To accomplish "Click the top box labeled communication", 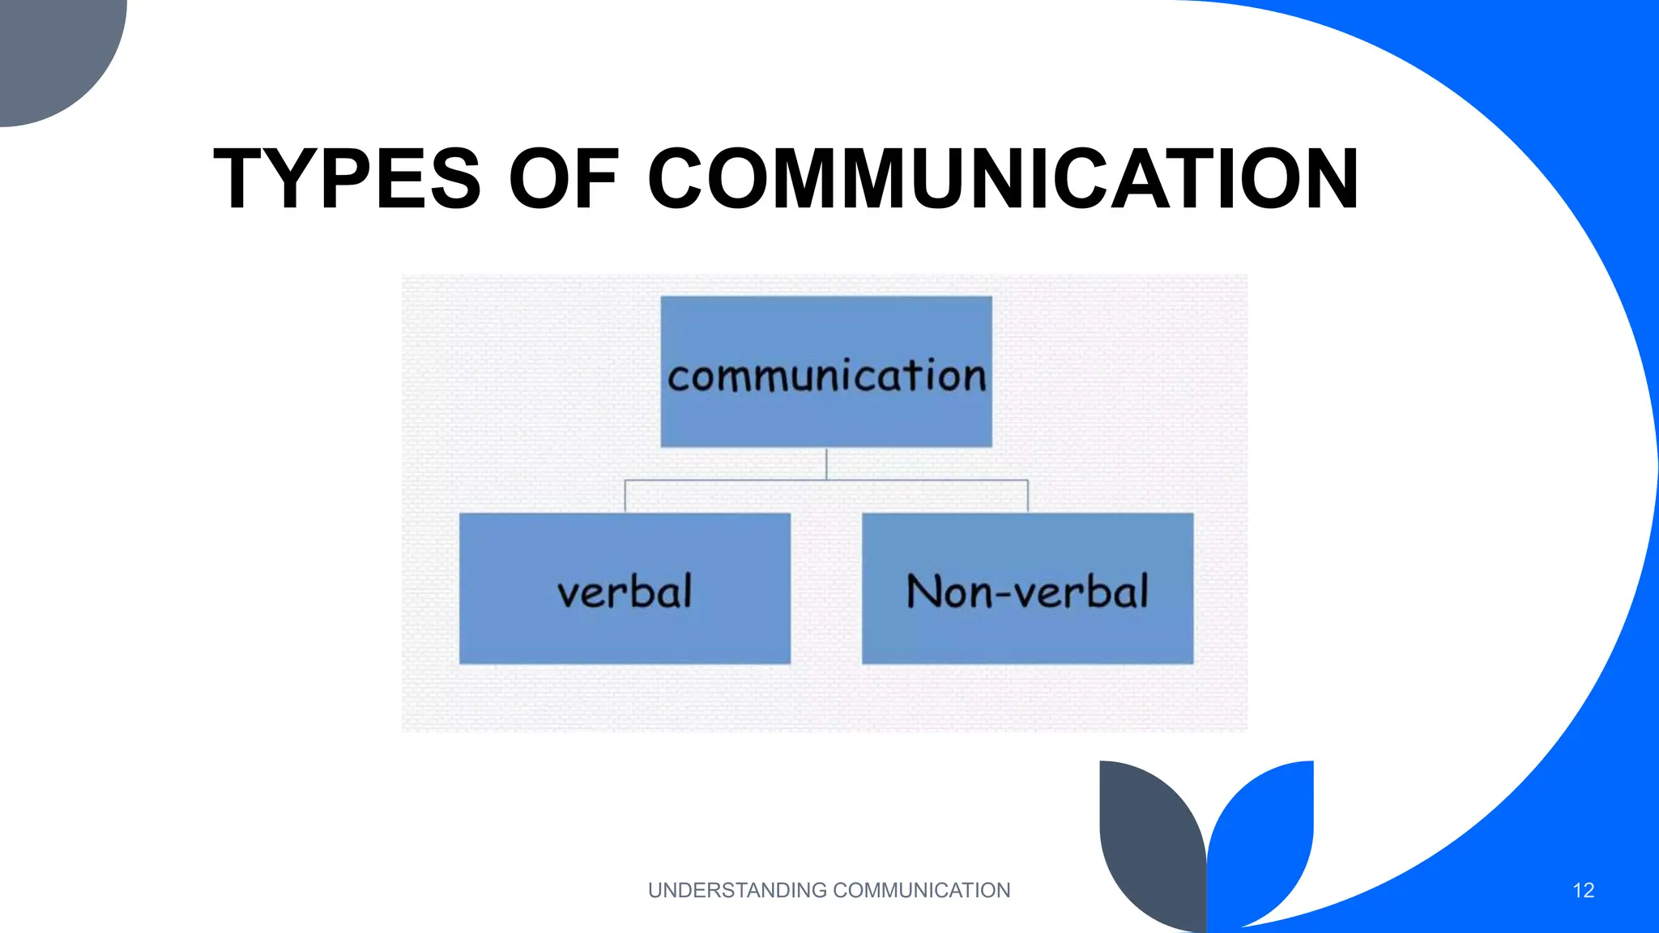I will click(x=826, y=372).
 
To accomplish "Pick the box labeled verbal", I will click(x=625, y=589).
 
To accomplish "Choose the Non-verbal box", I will click(x=1027, y=589).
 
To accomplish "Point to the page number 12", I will click(x=1583, y=891).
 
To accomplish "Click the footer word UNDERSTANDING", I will click(x=737, y=891).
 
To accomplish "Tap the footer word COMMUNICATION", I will click(x=921, y=891).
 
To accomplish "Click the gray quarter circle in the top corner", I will click(x=49, y=49).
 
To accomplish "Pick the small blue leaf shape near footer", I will click(x=1268, y=834).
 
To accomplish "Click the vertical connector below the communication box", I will click(x=826, y=463).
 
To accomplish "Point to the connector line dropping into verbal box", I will click(x=625, y=496).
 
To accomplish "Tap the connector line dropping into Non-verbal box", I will click(x=1028, y=496).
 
